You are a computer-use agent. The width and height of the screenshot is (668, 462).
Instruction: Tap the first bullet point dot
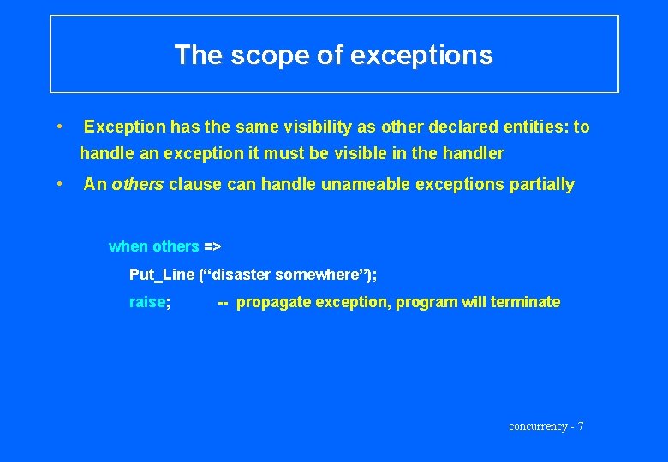(x=57, y=127)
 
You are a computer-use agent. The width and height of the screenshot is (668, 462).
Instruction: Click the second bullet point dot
(x=57, y=183)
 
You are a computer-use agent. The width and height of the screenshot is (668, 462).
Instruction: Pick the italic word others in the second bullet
(x=138, y=184)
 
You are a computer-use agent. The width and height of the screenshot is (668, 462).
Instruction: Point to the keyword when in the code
(x=128, y=246)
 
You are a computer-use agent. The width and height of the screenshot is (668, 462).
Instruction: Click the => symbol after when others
(x=212, y=246)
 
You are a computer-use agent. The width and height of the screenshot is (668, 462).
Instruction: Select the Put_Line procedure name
(x=162, y=275)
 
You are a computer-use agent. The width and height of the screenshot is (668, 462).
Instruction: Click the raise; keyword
(x=149, y=302)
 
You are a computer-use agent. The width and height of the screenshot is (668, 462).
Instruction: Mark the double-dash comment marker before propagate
(x=223, y=302)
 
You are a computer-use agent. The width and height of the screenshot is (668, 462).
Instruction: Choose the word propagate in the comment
(x=271, y=302)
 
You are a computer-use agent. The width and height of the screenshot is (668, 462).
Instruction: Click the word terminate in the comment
(x=525, y=302)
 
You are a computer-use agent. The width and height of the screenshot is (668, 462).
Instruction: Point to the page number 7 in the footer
(x=580, y=426)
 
